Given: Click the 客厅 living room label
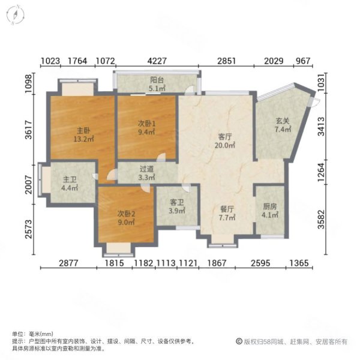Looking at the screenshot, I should (224, 137).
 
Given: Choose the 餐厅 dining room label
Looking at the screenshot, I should (226, 209).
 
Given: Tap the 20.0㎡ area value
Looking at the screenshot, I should (226, 145).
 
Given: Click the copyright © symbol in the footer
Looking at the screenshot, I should (238, 341).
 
